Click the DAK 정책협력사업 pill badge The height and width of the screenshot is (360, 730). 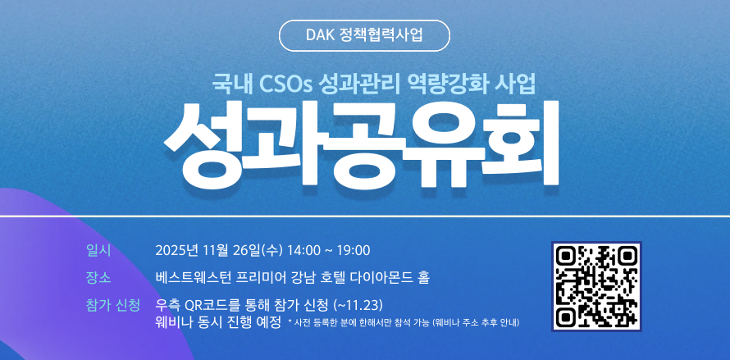pyautogui.click(x=364, y=35)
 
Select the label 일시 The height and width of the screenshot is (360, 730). pyautogui.click(x=98, y=250)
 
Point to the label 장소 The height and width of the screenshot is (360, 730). pyautogui.click(x=98, y=277)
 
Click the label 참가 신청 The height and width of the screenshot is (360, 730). pyautogui.click(x=112, y=305)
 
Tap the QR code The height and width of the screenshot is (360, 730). pyautogui.click(x=596, y=286)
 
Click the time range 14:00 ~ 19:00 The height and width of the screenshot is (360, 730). pyautogui.click(x=330, y=250)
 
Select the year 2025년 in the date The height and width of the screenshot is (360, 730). pyautogui.click(x=177, y=250)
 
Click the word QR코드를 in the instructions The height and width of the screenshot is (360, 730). pyautogui.click(x=214, y=305)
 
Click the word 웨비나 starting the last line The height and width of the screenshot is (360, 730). pyautogui.click(x=174, y=321)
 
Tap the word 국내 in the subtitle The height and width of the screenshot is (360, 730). pyautogui.click(x=230, y=83)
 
